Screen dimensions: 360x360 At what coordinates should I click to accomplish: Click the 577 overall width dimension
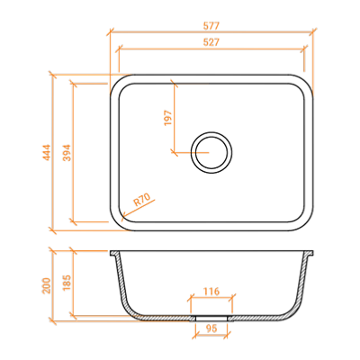point(211,26)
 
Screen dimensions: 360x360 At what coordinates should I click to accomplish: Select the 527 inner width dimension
point(211,42)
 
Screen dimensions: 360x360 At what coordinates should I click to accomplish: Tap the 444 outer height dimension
point(47,152)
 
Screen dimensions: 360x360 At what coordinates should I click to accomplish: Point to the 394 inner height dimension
point(67,152)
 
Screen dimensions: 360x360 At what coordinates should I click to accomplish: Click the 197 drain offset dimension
point(167,118)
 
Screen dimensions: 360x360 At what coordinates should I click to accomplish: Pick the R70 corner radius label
point(141,200)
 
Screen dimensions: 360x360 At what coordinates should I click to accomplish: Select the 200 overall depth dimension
point(47,285)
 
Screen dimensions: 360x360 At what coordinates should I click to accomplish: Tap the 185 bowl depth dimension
point(67,282)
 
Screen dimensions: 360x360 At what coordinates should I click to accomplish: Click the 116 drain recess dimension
point(211,292)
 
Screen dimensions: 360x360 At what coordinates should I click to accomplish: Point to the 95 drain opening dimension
point(211,328)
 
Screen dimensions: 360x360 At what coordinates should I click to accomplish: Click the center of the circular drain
point(211,152)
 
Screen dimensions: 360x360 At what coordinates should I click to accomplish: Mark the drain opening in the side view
point(211,318)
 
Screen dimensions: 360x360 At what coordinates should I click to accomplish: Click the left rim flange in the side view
point(113,253)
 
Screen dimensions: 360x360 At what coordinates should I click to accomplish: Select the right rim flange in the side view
point(310,253)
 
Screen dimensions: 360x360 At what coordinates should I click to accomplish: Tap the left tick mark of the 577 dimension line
point(111,31)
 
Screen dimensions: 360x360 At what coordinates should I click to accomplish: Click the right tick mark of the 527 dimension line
point(304,49)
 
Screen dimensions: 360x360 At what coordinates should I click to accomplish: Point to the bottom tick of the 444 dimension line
point(53,230)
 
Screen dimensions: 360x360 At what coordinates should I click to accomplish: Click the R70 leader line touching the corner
point(139,208)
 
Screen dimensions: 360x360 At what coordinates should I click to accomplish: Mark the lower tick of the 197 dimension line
point(174,152)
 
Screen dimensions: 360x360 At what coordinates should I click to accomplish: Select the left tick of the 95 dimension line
point(195,336)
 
